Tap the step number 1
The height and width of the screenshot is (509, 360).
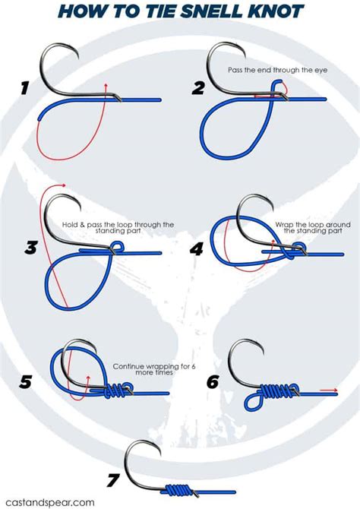click(25, 90)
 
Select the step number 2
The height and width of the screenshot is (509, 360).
click(198, 88)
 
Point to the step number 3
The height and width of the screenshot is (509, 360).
click(31, 248)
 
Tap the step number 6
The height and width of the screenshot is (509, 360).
click(213, 381)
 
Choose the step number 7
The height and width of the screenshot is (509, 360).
click(114, 479)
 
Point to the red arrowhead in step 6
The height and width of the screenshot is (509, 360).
click(335, 391)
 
